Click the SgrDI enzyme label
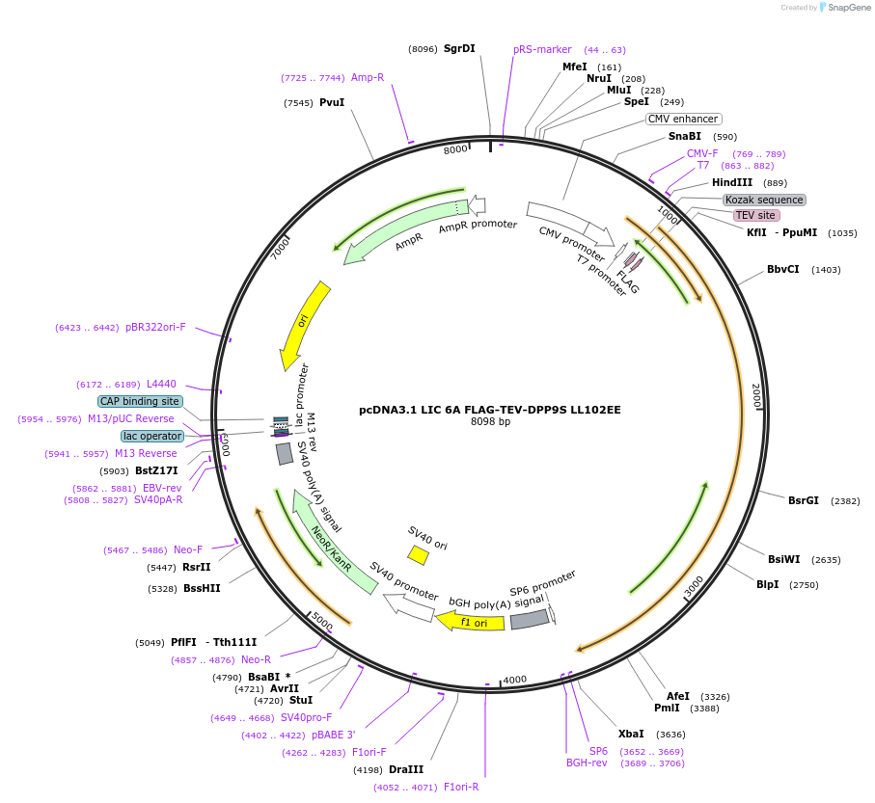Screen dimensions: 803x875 point(459,49)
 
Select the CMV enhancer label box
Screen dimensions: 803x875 point(683,119)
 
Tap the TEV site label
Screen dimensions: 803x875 point(754,216)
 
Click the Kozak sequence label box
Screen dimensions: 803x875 point(764,200)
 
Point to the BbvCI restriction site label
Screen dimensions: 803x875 point(782,269)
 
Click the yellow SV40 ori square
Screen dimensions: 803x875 point(418,555)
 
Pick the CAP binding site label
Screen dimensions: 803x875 point(140,401)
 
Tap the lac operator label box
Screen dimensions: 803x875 point(152,436)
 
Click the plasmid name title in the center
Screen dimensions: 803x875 point(490,410)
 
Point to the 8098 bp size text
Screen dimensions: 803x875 point(490,421)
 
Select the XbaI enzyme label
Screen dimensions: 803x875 point(631,734)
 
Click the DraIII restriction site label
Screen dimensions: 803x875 point(406,769)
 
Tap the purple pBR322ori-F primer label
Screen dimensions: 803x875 point(155,328)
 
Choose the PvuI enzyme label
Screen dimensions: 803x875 point(332,102)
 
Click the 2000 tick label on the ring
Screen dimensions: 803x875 point(756,395)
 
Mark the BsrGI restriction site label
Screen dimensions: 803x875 point(803,500)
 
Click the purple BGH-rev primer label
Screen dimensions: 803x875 point(587,763)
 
